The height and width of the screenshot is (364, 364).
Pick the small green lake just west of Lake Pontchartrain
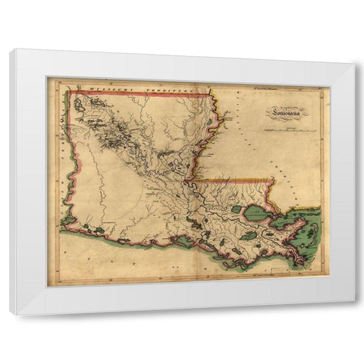236,209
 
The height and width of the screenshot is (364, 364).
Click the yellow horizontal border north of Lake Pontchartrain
235,180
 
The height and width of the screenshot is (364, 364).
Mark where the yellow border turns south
271,180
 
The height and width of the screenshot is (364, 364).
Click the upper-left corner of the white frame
11,50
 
